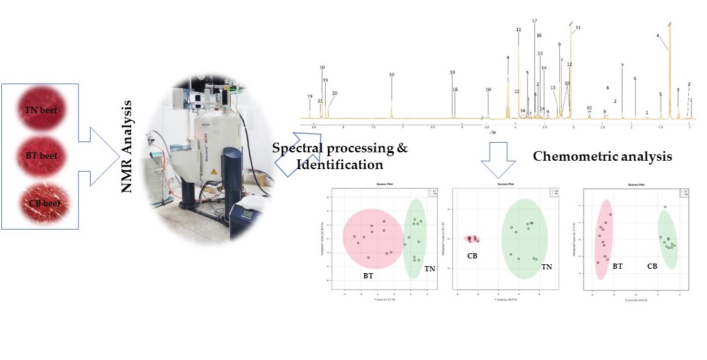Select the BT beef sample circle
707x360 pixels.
point(40,154)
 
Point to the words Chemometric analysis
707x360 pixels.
point(603,156)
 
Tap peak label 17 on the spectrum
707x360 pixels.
point(535,21)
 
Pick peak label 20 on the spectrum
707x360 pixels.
point(334,93)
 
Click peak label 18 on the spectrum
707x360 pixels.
point(455,90)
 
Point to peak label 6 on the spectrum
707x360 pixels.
point(635,78)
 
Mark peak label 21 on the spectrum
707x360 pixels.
point(320,101)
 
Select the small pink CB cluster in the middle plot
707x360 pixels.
point(472,239)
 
